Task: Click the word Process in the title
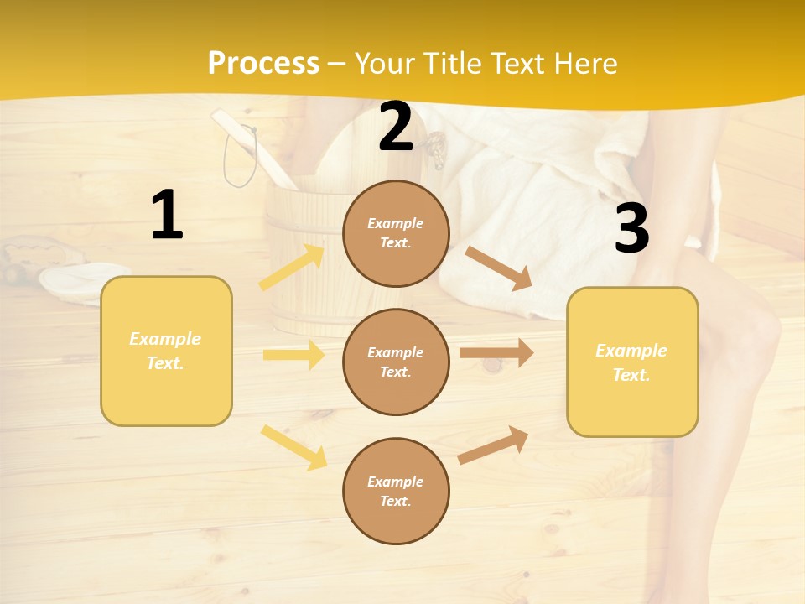click(x=263, y=63)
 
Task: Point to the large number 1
click(x=167, y=216)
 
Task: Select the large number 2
click(x=396, y=127)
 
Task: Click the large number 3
click(x=631, y=228)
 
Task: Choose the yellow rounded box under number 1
click(x=166, y=351)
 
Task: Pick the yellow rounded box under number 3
click(x=632, y=362)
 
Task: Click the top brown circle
click(x=396, y=233)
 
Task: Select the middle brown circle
click(x=396, y=362)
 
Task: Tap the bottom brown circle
click(x=396, y=491)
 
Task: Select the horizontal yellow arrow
click(x=293, y=355)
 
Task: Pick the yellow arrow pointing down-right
click(x=293, y=446)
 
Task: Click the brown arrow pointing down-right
click(x=499, y=268)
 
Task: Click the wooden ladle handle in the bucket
click(x=252, y=147)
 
